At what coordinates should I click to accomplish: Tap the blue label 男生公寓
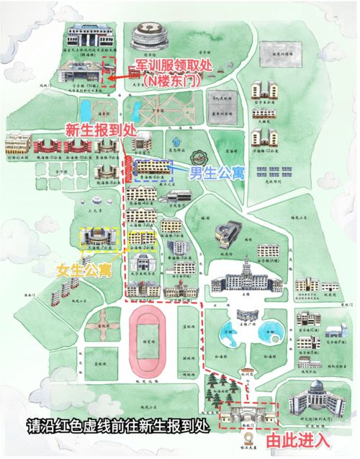point(215,173)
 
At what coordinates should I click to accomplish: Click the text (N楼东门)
point(172,81)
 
